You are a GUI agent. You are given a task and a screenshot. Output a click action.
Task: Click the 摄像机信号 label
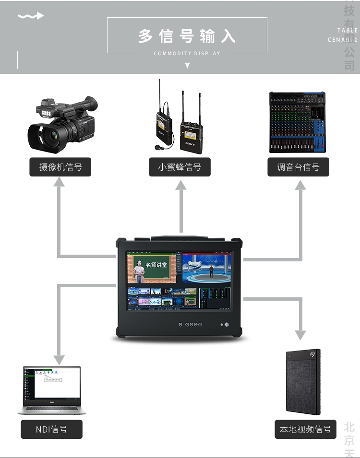(60, 167)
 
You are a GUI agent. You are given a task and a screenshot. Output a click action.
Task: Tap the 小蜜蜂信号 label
(180, 167)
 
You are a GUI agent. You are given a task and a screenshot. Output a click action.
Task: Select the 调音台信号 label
(298, 167)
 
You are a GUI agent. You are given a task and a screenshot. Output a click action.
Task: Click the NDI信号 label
(51, 429)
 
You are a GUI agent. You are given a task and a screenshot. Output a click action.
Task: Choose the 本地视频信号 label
(305, 429)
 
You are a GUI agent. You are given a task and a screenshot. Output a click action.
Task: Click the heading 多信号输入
(187, 36)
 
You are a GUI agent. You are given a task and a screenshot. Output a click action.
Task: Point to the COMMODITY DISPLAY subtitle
(187, 53)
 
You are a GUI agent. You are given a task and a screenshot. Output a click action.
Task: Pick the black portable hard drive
(303, 381)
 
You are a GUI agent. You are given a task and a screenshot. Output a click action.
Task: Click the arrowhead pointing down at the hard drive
(300, 334)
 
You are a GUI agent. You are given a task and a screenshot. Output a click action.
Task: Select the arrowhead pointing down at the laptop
(59, 359)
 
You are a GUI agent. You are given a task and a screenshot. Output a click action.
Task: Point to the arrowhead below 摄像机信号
(60, 183)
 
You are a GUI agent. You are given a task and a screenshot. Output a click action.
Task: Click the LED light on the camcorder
(47, 113)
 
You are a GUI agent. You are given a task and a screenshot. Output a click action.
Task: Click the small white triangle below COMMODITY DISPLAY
(187, 65)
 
